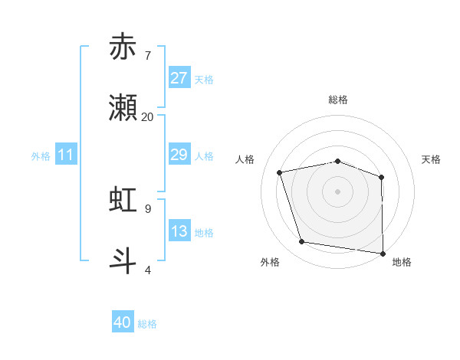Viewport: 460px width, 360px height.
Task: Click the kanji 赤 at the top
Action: click(x=123, y=47)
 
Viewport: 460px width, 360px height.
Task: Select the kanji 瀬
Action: click(x=123, y=109)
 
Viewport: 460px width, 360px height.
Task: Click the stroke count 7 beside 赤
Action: click(x=147, y=55)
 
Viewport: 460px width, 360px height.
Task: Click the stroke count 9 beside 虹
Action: click(x=147, y=208)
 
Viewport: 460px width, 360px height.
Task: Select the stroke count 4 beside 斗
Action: click(x=147, y=269)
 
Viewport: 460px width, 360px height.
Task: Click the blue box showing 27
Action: click(x=179, y=78)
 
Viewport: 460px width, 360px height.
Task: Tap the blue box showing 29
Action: click(x=179, y=155)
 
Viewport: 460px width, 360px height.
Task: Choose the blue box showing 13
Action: click(x=179, y=231)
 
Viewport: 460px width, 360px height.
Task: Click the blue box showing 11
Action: click(x=66, y=155)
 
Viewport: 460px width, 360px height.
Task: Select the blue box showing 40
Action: click(x=123, y=322)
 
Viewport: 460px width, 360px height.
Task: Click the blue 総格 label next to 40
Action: click(x=147, y=324)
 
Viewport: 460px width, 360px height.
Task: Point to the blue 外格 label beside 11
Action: click(x=41, y=156)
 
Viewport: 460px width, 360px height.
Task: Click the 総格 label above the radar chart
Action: click(x=338, y=100)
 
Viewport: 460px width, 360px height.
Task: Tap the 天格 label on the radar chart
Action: click(x=431, y=159)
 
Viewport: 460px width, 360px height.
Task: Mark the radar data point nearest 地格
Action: click(x=383, y=253)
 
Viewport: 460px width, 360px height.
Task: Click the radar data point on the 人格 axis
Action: click(x=280, y=172)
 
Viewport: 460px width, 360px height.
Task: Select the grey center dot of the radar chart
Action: click(x=338, y=191)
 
